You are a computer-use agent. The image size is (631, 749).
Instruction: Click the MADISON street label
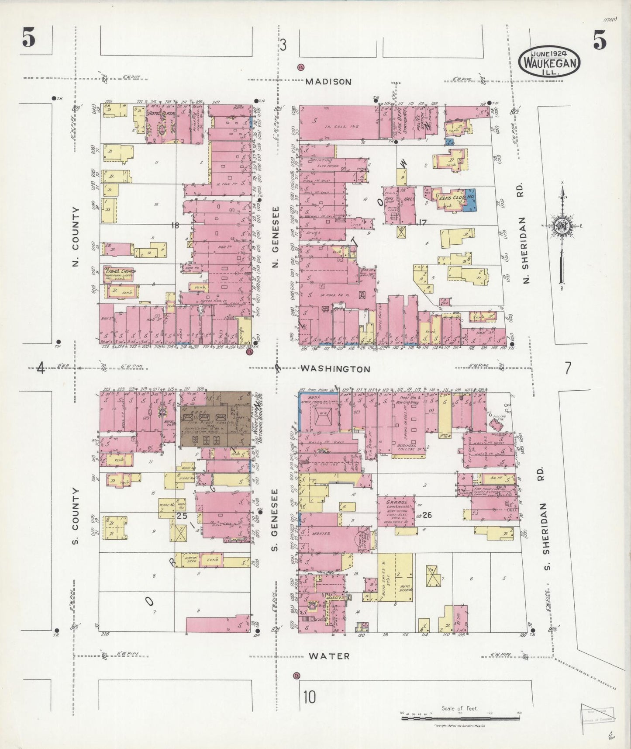(328, 82)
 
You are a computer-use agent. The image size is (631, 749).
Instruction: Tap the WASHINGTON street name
(335, 369)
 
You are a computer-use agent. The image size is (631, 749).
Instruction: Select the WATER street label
(329, 656)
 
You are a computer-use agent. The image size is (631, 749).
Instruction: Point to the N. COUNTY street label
(76, 237)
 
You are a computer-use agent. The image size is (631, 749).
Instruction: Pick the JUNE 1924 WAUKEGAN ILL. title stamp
(549, 62)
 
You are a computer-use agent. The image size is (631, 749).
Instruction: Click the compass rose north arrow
(562, 227)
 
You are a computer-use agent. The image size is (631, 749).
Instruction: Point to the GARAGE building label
(396, 503)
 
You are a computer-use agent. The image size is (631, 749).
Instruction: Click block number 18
(176, 225)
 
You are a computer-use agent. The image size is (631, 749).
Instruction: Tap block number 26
(427, 515)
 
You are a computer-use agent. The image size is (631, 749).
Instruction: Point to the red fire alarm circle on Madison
(300, 67)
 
